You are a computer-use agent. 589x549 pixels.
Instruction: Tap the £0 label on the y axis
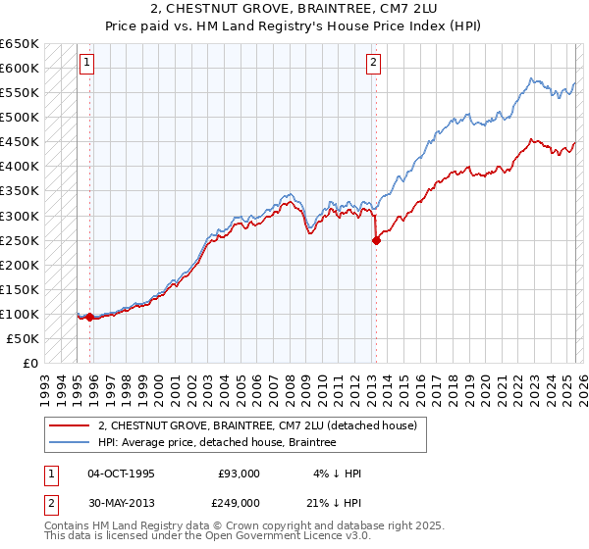[31, 363]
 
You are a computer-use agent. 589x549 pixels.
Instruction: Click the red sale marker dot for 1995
[89, 317]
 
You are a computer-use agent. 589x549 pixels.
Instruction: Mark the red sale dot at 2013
[376, 241]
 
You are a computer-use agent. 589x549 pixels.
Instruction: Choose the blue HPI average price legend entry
[217, 443]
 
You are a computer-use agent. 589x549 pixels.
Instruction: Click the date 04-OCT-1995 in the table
[121, 474]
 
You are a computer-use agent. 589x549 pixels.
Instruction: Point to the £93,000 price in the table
[239, 474]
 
